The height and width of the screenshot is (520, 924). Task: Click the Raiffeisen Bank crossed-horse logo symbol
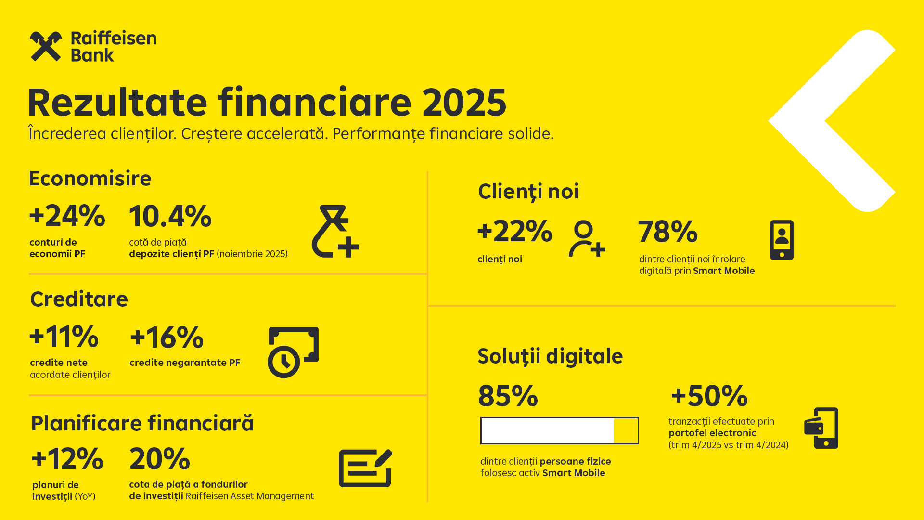coord(46,47)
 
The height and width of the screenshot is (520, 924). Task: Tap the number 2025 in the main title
coord(464,102)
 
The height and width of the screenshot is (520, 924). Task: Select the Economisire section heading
coord(90,178)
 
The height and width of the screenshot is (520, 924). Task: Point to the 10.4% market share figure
coord(170,216)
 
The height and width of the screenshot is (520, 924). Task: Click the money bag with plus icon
coord(335,231)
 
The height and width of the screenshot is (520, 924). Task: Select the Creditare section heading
coord(79,299)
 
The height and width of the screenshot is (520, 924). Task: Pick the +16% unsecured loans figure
coord(167,337)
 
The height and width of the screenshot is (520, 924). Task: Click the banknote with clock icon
coord(293,352)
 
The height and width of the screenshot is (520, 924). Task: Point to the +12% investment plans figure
coord(67,458)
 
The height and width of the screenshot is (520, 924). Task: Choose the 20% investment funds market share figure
coord(160,458)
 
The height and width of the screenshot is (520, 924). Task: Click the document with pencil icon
coord(365,468)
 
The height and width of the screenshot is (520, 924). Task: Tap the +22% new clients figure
coord(515,231)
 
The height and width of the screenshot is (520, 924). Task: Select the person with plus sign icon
coord(587,239)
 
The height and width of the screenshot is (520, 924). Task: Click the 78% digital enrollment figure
coord(668,232)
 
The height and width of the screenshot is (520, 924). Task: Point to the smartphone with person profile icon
coord(782,240)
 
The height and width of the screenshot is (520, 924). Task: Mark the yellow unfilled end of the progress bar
coord(626,430)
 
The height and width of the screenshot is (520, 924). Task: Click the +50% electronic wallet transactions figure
coord(709,396)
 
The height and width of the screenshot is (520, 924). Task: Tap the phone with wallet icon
coord(821,428)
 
